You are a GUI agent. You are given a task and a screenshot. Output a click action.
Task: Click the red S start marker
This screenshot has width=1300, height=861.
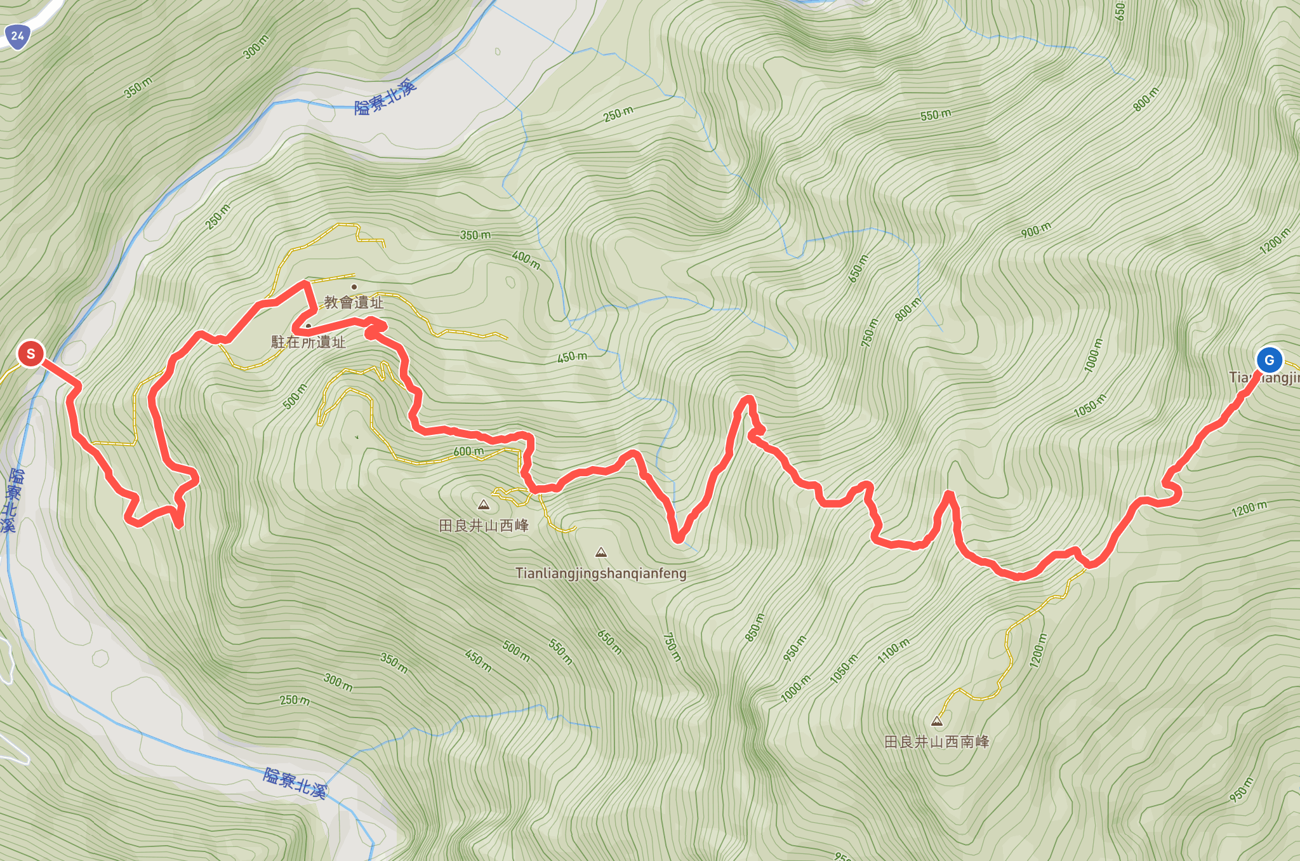pos(30,354)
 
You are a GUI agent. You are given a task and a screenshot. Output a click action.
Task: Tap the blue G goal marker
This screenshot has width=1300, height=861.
pos(1269,360)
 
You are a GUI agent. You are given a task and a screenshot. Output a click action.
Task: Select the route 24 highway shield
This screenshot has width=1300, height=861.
pos(17,36)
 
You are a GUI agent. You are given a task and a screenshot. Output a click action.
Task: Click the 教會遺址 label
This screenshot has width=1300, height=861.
pos(354,303)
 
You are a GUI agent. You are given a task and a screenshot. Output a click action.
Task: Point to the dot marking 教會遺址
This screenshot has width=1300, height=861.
pos(354,287)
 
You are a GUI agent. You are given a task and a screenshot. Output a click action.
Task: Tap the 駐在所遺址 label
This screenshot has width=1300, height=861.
pos(308,342)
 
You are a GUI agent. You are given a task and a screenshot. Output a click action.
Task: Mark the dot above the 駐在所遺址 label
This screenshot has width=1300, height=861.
pos(308,326)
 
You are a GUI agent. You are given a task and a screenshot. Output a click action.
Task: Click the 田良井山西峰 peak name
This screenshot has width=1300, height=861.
pos(484,526)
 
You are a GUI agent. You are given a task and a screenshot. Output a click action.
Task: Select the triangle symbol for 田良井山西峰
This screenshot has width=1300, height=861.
pos(484,505)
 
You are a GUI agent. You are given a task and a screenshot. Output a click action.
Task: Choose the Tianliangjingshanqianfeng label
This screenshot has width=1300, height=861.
pos(600,573)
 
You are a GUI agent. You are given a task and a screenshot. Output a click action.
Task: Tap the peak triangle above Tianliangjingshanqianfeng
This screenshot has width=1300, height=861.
pos(601,552)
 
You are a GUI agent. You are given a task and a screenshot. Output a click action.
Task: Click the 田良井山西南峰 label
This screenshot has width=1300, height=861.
pos(936,742)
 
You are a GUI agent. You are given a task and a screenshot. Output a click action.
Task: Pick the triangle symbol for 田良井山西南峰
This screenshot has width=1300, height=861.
pos(936,721)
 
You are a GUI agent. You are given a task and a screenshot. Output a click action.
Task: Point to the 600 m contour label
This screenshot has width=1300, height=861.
pos(468,451)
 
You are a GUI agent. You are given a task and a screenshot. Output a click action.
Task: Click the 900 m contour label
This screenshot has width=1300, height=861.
pos(1036,230)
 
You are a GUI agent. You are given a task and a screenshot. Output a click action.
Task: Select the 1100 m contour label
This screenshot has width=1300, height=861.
pos(893,651)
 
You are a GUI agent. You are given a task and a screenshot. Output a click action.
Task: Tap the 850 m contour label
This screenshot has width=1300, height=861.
pos(755,627)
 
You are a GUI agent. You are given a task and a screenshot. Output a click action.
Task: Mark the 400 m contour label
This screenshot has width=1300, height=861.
pos(526,260)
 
